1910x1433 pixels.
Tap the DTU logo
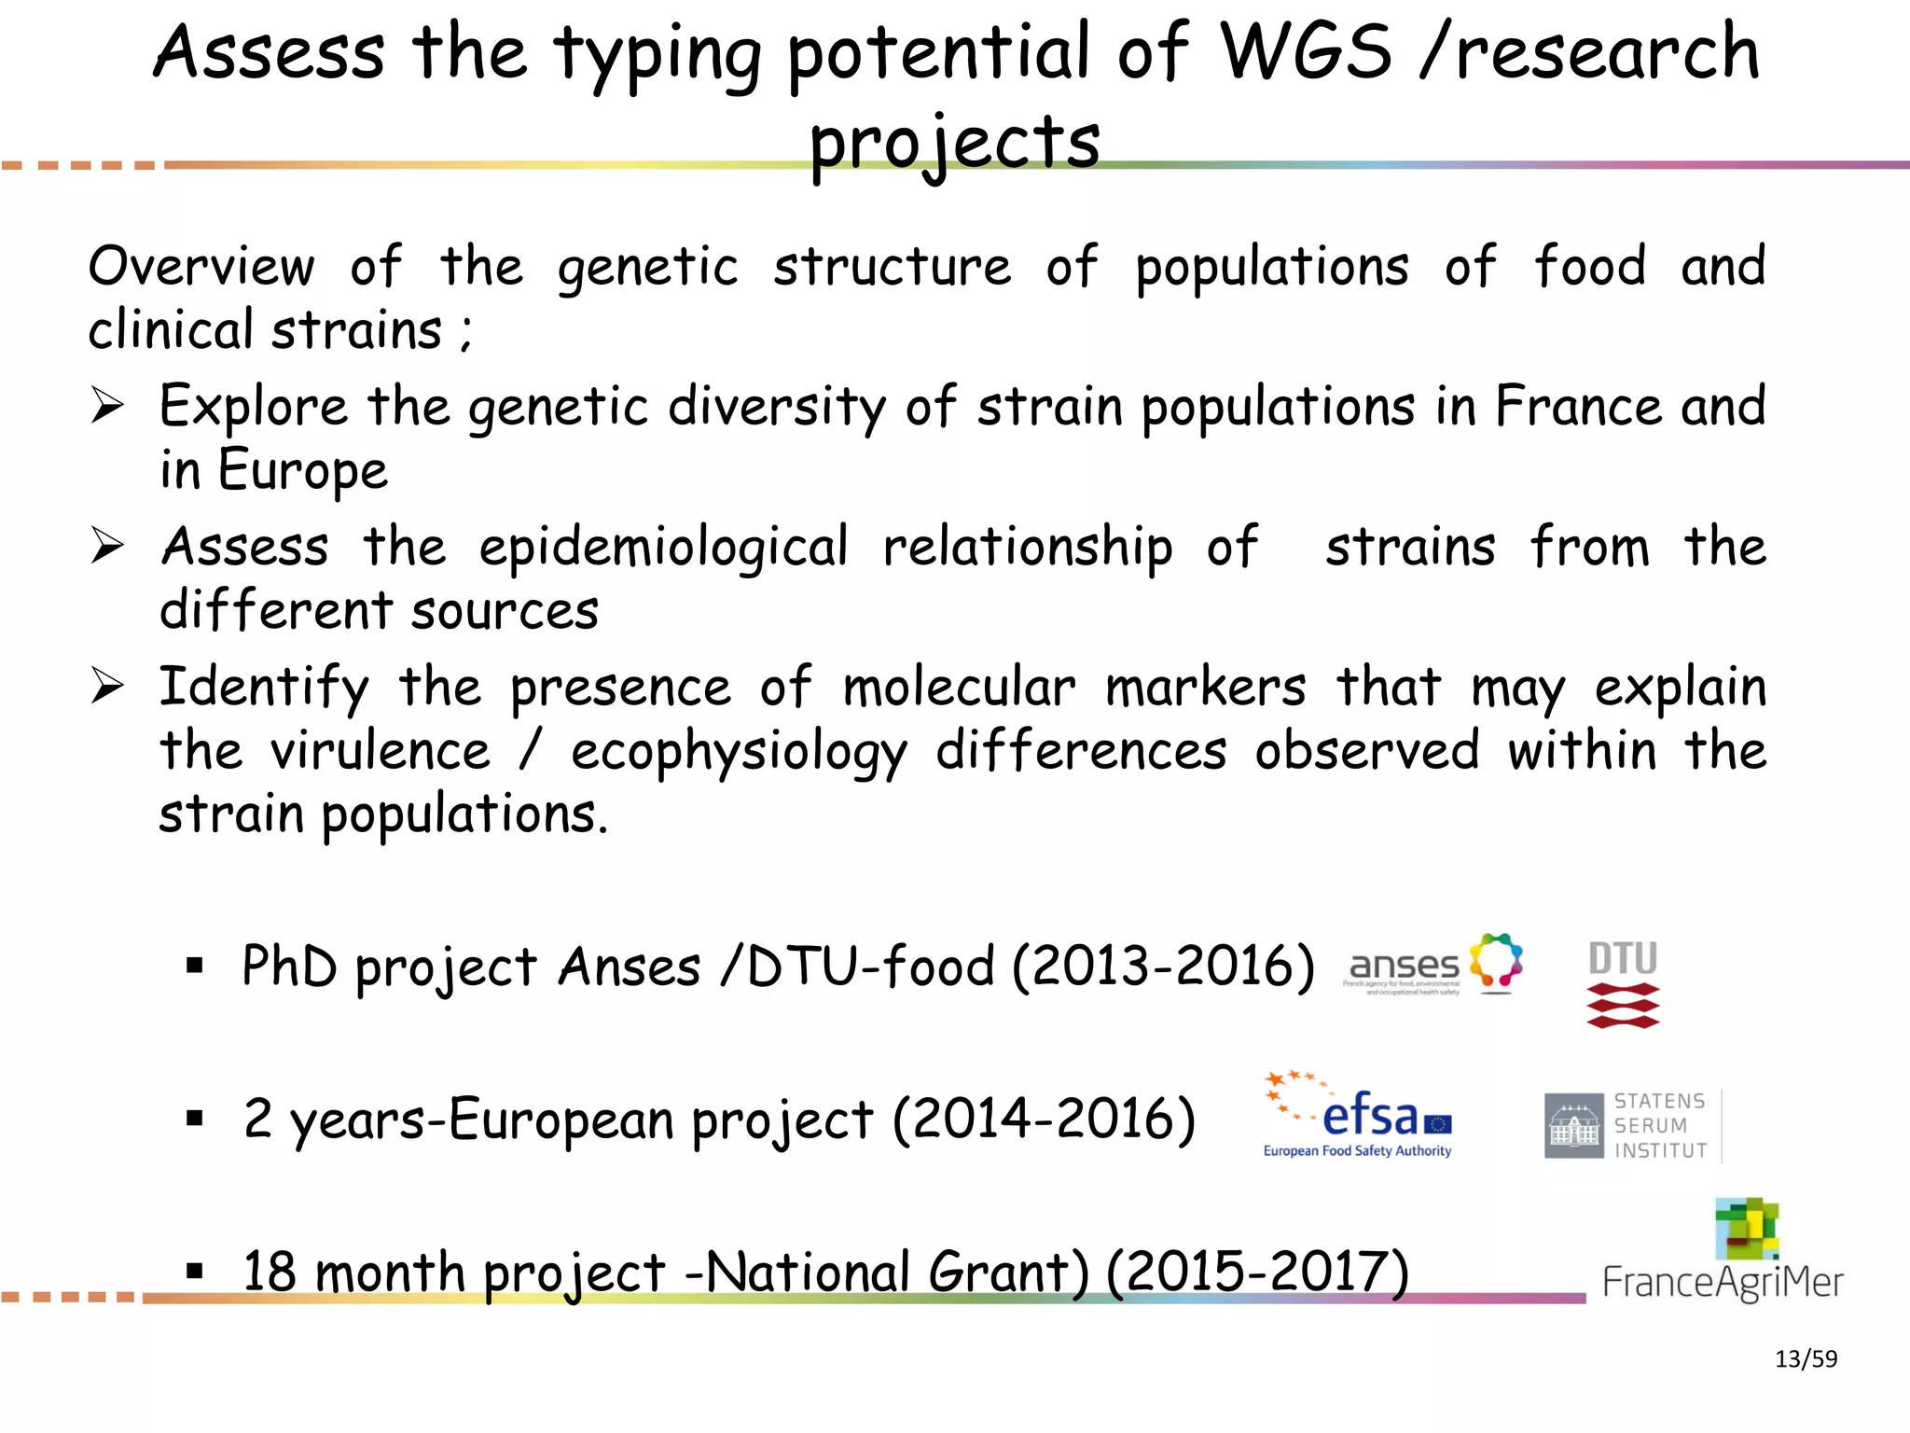(1623, 983)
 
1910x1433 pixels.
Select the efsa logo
(1358, 1117)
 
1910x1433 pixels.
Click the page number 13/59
(1806, 1359)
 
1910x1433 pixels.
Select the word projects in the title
(954, 142)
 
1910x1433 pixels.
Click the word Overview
(201, 267)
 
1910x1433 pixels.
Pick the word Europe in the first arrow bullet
(302, 470)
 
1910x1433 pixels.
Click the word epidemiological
(663, 548)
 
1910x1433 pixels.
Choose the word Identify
(264, 689)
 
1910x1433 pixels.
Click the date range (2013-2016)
(1163, 967)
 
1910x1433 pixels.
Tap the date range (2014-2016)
(1044, 1120)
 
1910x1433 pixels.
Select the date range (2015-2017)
(1257, 1272)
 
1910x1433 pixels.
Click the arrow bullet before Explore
(107, 406)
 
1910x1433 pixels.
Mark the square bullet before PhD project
(194, 966)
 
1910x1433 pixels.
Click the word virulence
(380, 751)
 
